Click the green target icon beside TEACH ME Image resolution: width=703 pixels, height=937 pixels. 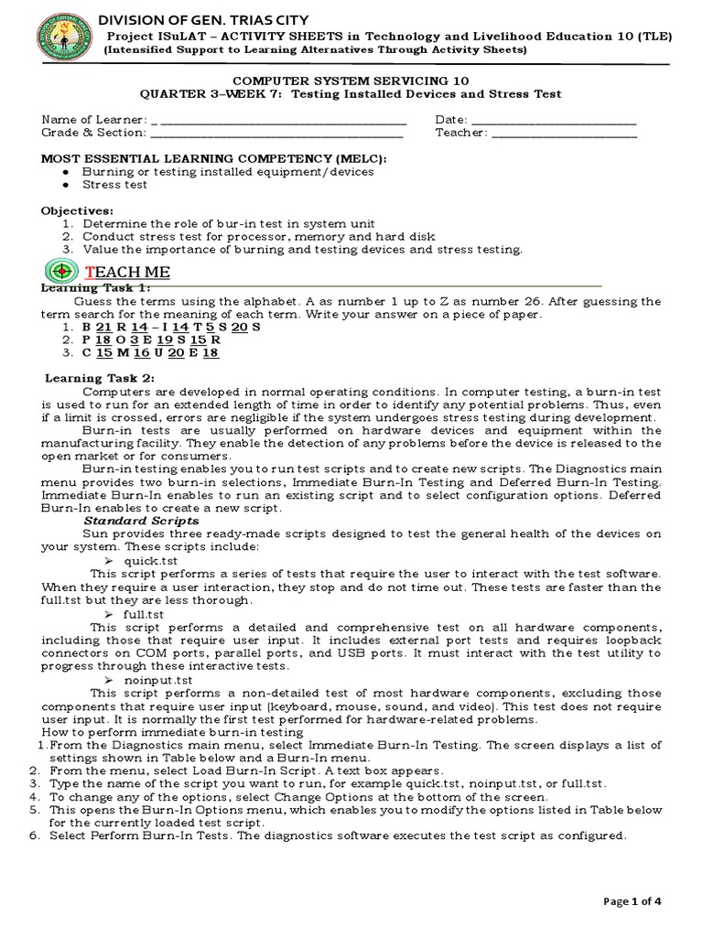click(x=61, y=272)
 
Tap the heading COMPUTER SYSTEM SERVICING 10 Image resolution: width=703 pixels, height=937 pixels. click(x=351, y=81)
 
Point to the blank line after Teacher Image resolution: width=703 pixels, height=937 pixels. click(x=563, y=134)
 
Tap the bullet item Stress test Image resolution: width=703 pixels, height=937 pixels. click(x=114, y=184)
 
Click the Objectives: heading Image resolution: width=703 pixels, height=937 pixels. click(x=77, y=210)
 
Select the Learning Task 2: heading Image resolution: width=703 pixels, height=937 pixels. click(x=101, y=378)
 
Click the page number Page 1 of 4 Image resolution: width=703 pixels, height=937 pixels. click(x=632, y=901)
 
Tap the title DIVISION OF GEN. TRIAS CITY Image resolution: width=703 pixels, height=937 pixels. click(x=203, y=20)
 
